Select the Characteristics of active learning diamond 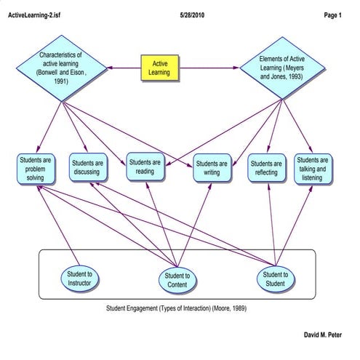62,68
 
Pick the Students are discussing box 88,169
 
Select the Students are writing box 212,169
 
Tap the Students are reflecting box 267,169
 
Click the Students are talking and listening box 313,169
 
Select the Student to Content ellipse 177,280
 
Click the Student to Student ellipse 276,279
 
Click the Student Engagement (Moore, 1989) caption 177,309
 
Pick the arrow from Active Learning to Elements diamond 211,68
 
